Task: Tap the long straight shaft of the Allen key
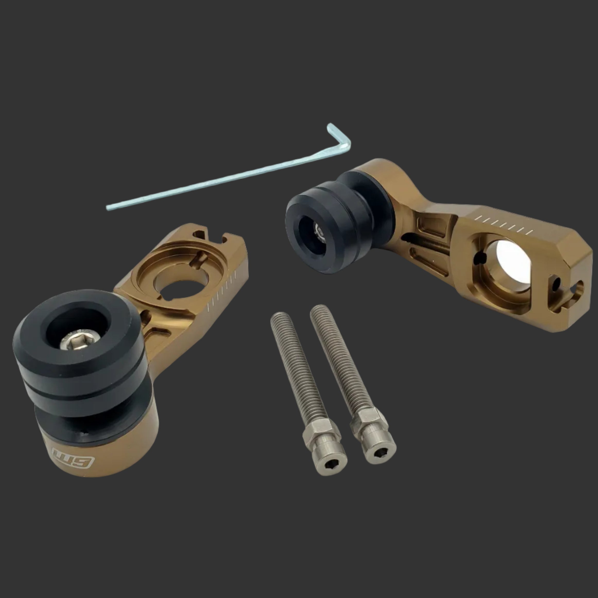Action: coord(217,179)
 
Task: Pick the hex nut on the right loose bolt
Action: coord(369,418)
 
